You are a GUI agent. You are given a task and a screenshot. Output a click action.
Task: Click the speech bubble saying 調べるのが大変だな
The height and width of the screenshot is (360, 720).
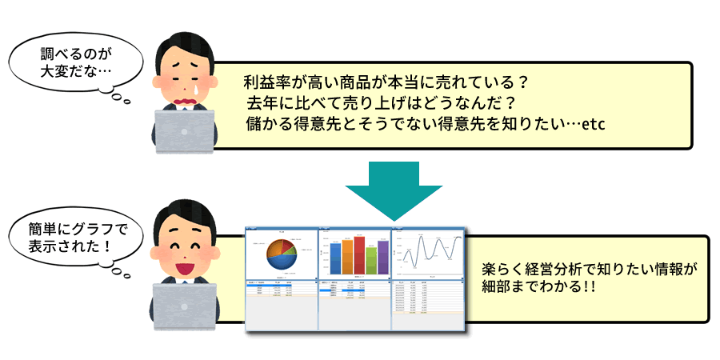(77, 63)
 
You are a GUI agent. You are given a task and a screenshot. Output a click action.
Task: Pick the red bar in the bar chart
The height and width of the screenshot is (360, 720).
(359, 254)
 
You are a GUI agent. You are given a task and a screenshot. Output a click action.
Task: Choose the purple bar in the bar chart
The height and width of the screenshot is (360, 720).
(383, 257)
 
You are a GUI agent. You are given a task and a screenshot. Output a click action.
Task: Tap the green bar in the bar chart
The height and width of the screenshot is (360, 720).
(347, 257)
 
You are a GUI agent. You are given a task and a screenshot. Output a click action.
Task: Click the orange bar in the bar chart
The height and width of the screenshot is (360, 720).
(371, 261)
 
